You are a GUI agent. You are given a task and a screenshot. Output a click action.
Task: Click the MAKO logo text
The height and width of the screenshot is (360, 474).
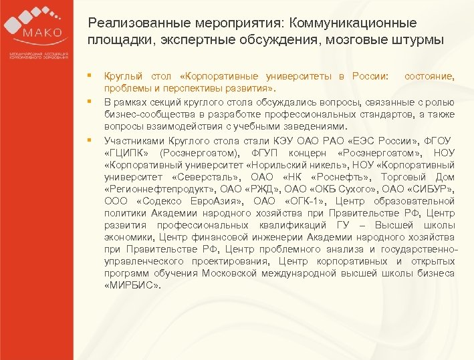pos(41,33)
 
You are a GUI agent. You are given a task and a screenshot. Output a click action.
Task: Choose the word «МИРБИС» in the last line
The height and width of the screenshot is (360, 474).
pos(133,285)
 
